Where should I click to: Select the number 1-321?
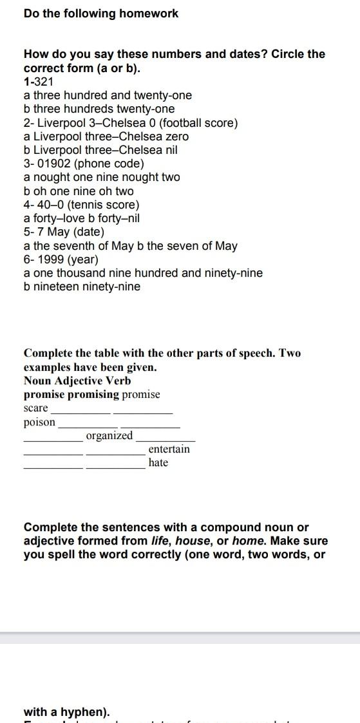[x=39, y=82]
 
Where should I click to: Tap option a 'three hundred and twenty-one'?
[x=108, y=95]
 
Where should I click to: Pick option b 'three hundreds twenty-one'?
[x=99, y=109]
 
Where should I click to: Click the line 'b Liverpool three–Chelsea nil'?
[x=100, y=150]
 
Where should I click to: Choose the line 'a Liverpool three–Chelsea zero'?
[x=106, y=136]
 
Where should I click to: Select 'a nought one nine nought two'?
[x=102, y=177]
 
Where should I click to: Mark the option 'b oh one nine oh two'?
[x=79, y=191]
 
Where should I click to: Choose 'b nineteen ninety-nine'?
[x=82, y=286]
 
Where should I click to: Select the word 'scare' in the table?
[x=36, y=408]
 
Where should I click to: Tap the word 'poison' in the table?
[x=40, y=422]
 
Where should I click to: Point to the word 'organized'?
[x=109, y=436]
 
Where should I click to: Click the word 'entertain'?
[x=169, y=449]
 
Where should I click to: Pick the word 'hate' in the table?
[x=158, y=463]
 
